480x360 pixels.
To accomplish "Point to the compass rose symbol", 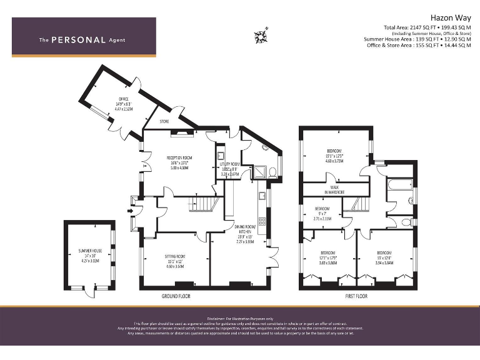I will tap(260, 36).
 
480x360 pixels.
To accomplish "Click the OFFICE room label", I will tap(123, 99).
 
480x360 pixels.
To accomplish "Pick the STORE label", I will tap(164, 121).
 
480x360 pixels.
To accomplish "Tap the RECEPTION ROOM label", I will tap(179, 157).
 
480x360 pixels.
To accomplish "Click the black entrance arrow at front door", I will tap(129, 211).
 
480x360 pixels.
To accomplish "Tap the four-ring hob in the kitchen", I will tap(262, 220).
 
